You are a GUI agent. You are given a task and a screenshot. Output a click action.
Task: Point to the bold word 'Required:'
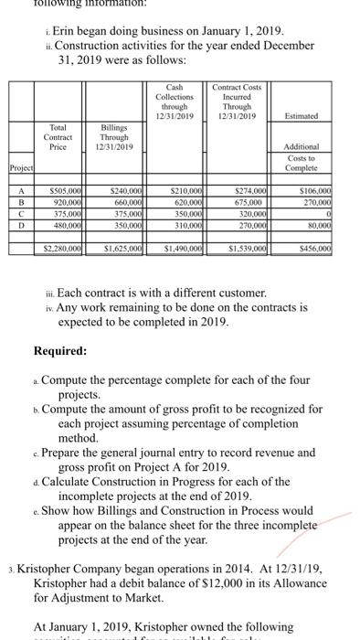coord(60,375)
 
